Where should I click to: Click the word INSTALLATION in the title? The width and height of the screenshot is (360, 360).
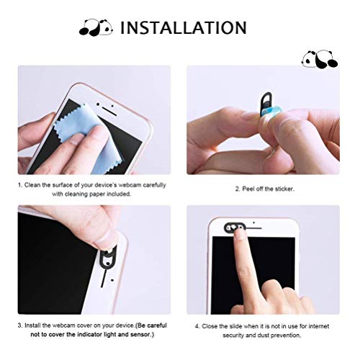pyautogui.click(x=184, y=28)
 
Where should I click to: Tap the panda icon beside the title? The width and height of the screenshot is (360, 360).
pyautogui.click(x=96, y=28)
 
